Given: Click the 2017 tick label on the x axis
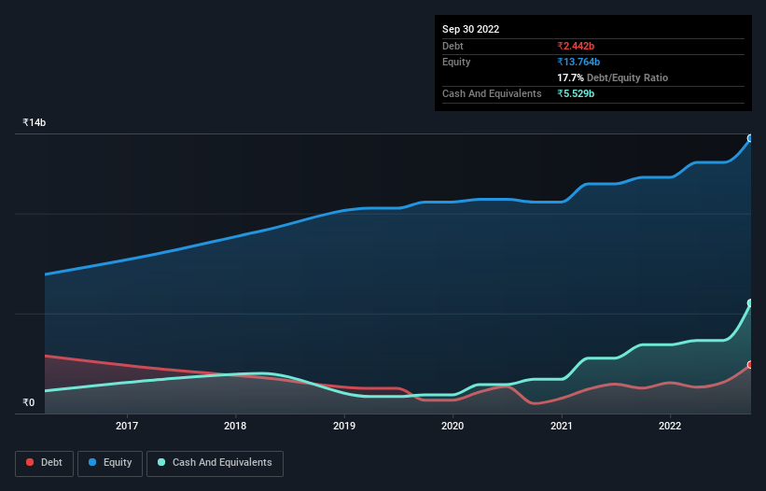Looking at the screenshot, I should click(127, 427).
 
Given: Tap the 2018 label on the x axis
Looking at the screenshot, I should click(235, 427).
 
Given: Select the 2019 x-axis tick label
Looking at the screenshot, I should click(344, 427).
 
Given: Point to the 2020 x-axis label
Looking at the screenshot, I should click(453, 427).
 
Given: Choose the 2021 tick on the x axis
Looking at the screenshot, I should click(562, 427).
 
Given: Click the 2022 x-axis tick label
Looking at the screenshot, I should click(670, 427).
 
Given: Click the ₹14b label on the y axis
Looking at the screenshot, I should click(35, 123).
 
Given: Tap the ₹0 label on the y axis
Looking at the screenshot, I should click(29, 403).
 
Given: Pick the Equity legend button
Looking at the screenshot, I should click(111, 463).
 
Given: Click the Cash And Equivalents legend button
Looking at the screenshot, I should click(215, 463).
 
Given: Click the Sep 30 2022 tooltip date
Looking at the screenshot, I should click(470, 29).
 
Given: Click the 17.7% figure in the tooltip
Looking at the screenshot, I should click(570, 77).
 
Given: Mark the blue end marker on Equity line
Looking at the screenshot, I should click(749, 138).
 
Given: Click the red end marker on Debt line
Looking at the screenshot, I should click(749, 365).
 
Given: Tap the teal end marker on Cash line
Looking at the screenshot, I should click(749, 303).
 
